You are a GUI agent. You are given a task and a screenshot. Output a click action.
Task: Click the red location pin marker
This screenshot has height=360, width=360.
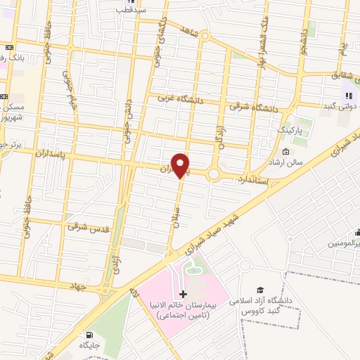(181, 165)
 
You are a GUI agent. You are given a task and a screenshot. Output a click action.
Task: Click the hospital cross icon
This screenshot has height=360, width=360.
(184, 293)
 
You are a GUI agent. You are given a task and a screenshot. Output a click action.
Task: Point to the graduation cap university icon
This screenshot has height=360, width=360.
(260, 290)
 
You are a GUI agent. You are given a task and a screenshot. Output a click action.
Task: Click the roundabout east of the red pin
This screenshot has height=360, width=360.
(214, 173)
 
